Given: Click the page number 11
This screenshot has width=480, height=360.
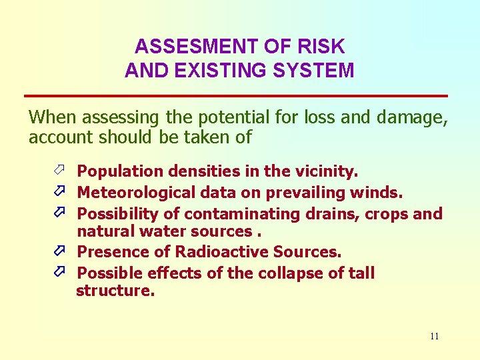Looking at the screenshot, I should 434,336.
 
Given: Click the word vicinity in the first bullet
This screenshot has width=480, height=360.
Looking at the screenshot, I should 326,171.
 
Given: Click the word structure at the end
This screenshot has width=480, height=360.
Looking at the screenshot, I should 115,291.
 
